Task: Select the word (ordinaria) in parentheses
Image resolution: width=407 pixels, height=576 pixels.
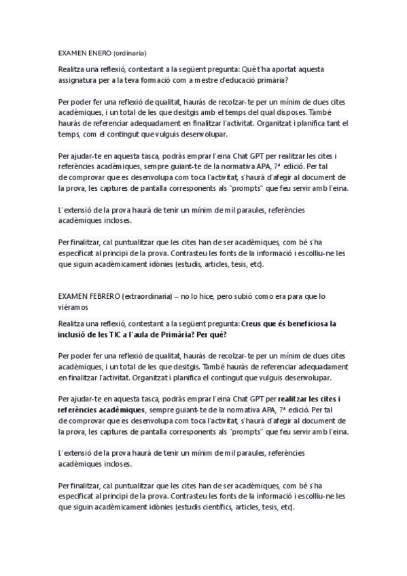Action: (x=129, y=52)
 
